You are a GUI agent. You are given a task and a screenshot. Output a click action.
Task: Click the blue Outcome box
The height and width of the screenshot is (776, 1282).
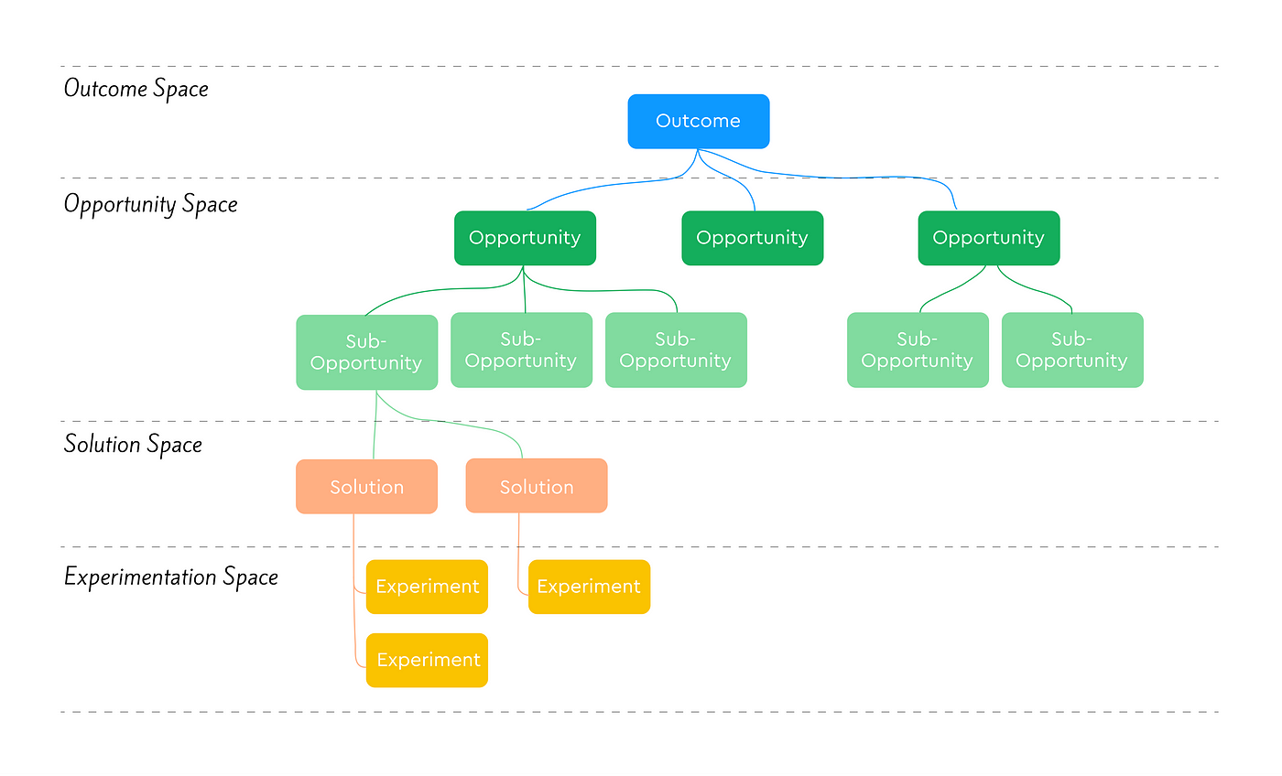tap(698, 121)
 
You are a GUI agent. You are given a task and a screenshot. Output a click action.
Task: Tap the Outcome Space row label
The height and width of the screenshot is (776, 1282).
tap(136, 89)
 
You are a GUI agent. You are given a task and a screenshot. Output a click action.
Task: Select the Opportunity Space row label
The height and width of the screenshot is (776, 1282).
tap(150, 203)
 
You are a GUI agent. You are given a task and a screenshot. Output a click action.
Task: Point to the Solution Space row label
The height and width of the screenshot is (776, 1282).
tap(133, 445)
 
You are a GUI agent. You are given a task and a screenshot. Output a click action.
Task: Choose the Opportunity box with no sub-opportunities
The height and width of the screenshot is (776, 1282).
tap(752, 238)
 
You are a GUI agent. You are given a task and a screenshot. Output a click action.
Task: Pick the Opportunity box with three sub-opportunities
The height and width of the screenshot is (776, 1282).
tap(525, 238)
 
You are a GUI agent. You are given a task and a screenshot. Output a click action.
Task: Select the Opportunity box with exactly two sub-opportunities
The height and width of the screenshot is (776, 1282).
tap(988, 238)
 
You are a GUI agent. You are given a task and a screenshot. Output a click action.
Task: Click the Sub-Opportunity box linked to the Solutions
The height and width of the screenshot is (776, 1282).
tap(366, 352)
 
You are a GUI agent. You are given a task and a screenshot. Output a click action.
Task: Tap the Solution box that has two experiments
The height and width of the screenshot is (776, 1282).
tap(366, 487)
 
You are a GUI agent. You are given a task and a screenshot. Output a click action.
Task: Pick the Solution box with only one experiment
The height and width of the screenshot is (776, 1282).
tap(536, 487)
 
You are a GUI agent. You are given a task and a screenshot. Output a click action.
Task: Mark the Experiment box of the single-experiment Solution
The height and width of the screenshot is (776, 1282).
tap(589, 587)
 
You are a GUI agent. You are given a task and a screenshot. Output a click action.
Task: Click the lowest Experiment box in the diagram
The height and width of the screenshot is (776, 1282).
tap(427, 660)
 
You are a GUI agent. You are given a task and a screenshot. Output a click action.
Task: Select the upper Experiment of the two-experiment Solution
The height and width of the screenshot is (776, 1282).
tap(427, 587)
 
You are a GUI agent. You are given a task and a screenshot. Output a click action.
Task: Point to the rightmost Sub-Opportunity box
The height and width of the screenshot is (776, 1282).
tap(1071, 350)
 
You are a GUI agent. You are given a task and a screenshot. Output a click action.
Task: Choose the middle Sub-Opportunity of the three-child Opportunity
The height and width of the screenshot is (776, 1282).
tap(521, 350)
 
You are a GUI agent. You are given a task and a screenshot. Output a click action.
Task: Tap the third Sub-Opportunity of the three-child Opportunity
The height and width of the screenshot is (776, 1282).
tap(676, 350)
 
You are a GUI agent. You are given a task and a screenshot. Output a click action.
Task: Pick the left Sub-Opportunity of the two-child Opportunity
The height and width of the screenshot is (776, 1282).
tap(917, 350)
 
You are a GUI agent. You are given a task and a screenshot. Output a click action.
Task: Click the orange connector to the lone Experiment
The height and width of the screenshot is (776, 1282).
tap(519, 558)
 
